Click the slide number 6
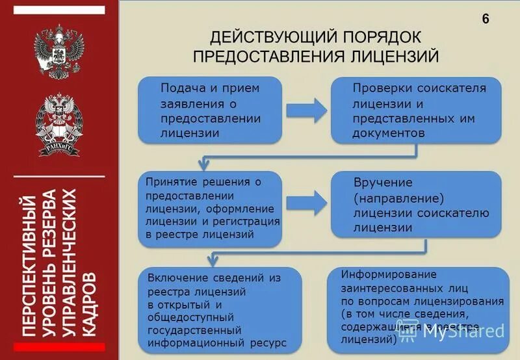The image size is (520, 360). (x=486, y=19)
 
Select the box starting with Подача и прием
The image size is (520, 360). (x=209, y=110)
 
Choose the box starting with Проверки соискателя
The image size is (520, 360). (x=416, y=110)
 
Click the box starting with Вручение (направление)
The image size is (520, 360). (x=416, y=204)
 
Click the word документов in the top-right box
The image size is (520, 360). (x=389, y=133)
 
